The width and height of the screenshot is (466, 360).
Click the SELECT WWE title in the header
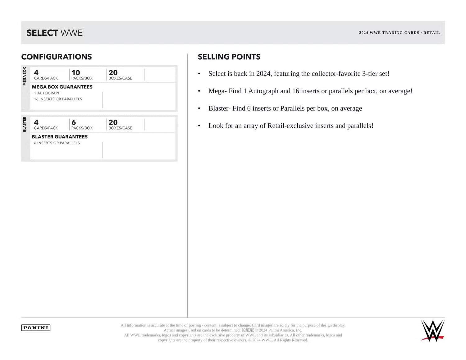54,33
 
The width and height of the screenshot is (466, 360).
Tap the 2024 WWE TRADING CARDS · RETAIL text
399,33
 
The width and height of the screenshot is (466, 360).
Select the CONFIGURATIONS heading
57,57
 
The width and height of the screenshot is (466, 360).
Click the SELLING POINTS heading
229,57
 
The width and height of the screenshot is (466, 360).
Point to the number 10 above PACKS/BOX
76,73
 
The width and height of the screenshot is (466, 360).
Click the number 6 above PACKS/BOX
74,122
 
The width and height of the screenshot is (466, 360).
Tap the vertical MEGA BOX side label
25,76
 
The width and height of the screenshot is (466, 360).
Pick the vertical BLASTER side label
25,124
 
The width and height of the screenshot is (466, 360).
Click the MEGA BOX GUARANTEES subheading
62,87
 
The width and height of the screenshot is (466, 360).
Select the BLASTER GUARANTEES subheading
60,137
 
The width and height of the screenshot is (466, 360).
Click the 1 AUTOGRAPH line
47,93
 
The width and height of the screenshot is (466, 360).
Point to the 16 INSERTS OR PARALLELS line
58,99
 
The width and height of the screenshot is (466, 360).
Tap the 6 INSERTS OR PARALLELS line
57,143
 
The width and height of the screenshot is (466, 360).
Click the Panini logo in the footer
36,328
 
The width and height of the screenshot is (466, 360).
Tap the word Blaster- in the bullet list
219,108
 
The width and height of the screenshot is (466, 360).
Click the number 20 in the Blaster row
113,122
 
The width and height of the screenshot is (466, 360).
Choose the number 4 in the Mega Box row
36,73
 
